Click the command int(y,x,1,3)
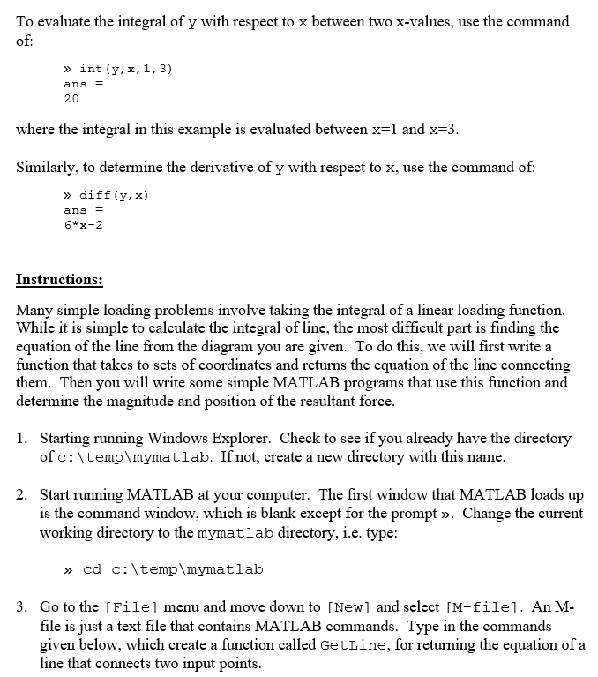pos(125,68)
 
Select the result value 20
pos(71,99)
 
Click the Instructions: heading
pos(59,280)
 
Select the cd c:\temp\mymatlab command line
pos(173,569)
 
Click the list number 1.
pos(22,438)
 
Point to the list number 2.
pos(22,494)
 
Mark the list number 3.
pos(22,607)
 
